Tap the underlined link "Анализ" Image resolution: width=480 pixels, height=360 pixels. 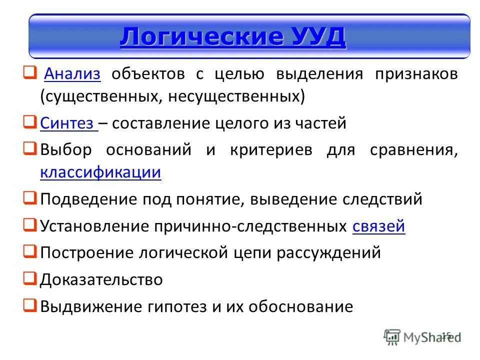[73, 74]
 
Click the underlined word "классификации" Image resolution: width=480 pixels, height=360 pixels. [100, 172]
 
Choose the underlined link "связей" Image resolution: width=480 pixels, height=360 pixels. [378, 226]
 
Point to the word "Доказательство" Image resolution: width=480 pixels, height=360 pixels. [101, 279]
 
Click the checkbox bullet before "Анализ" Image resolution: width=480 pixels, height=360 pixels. [29, 73]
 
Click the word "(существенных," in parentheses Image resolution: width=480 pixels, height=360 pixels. [97, 96]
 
